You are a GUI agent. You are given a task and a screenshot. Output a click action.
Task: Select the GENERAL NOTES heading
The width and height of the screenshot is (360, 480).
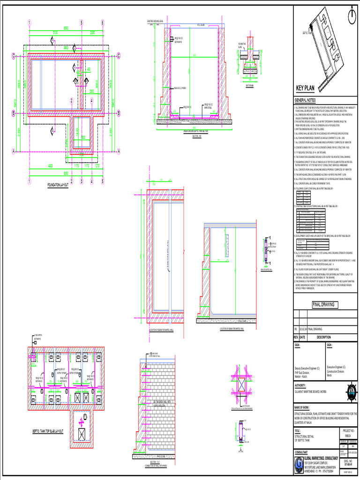305,101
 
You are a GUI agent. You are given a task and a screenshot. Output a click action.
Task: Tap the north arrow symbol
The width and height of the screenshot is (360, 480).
351,16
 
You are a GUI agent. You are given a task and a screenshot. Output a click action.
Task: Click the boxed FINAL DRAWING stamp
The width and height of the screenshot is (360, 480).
323,305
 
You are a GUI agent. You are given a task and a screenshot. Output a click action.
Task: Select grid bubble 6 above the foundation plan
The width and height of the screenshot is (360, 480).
102,22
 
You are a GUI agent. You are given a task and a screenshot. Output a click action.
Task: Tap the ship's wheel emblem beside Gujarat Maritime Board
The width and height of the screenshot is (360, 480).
352,391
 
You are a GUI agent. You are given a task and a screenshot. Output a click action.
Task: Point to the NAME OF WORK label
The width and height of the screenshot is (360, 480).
303,408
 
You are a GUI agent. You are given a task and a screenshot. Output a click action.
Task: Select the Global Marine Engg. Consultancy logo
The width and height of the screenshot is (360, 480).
299,464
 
